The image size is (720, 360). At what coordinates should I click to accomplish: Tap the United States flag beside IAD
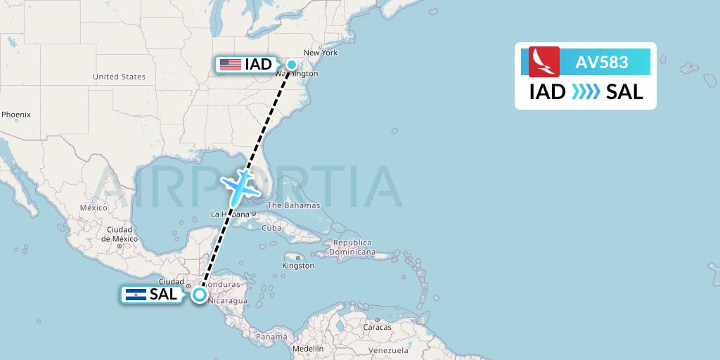pos(230,65)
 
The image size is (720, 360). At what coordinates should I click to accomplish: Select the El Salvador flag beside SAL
pos(135,295)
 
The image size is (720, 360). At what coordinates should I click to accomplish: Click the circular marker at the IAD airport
pos(291,65)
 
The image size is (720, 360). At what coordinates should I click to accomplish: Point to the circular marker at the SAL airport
pos(200,295)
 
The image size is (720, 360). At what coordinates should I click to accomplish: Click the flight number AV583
pos(602,62)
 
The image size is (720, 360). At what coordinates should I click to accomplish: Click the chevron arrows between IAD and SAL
pos(586,91)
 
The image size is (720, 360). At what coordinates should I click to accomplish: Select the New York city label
pos(321,53)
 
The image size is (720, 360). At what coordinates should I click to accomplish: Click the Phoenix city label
pos(15,114)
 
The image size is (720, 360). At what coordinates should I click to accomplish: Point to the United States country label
pos(119,77)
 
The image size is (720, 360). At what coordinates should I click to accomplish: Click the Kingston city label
pos(298,266)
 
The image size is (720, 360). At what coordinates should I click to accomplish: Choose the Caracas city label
pos(377,327)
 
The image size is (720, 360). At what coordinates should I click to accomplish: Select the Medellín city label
pos(308,349)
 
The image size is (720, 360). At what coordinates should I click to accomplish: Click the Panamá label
pos(271,337)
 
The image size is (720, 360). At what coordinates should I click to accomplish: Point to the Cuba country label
pos(271,228)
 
